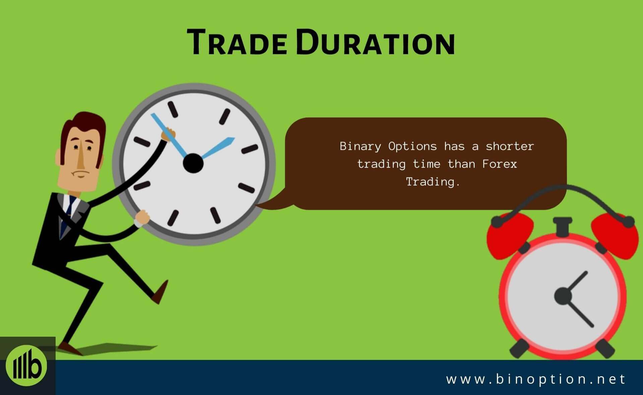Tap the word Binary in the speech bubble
tap(360, 147)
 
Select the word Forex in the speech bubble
tap(500, 164)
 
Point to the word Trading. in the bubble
tap(433, 182)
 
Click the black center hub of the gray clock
tap(193, 163)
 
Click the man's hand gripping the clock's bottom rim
tap(142, 218)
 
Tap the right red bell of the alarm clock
tap(615, 235)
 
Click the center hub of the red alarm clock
tap(563, 296)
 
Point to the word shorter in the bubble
tap(510, 146)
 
